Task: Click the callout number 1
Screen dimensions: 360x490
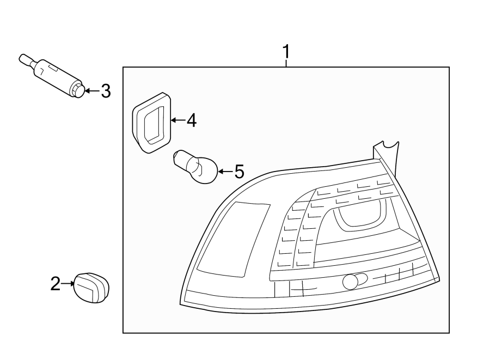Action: (x=286, y=52)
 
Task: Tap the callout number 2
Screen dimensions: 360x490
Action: (x=55, y=283)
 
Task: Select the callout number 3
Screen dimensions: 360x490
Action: (x=105, y=91)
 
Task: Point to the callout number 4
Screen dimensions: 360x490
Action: (x=191, y=120)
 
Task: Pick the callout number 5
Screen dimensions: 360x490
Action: (x=238, y=172)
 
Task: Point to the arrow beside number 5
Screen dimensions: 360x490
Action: (x=225, y=172)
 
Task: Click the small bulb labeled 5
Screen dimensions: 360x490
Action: (x=197, y=167)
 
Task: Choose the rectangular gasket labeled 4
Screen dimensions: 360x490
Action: (x=151, y=121)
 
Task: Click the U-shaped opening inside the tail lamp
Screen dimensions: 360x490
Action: (x=359, y=213)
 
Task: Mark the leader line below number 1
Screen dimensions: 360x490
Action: (x=286, y=64)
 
